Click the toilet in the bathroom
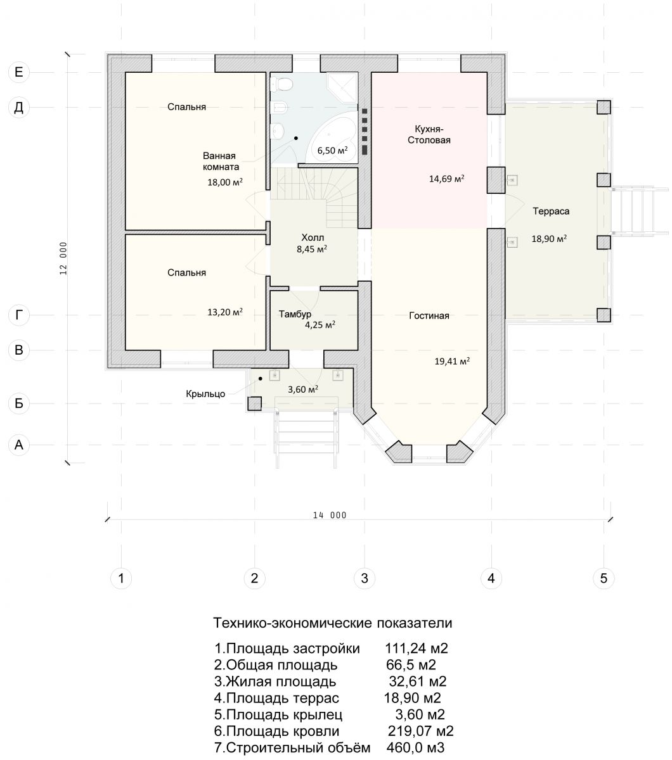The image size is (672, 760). (281, 84)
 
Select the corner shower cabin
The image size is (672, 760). (342, 87)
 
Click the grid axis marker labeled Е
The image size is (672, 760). (19, 72)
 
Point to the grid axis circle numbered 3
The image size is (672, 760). (365, 578)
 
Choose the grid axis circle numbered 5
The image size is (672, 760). (604, 578)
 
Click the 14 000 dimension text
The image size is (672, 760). (330, 516)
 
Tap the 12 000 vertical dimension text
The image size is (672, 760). (63, 258)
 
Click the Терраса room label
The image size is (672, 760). (551, 211)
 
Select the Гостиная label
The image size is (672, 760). (429, 315)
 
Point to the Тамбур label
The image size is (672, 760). (295, 314)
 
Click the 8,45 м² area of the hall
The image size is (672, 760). (312, 249)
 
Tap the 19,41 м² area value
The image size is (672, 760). (452, 361)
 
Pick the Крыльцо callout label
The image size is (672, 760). (205, 393)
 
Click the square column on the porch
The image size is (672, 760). (254, 403)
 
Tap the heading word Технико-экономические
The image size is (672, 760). (293, 623)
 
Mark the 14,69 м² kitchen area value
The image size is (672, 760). (446, 179)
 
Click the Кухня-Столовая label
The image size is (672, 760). (429, 134)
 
